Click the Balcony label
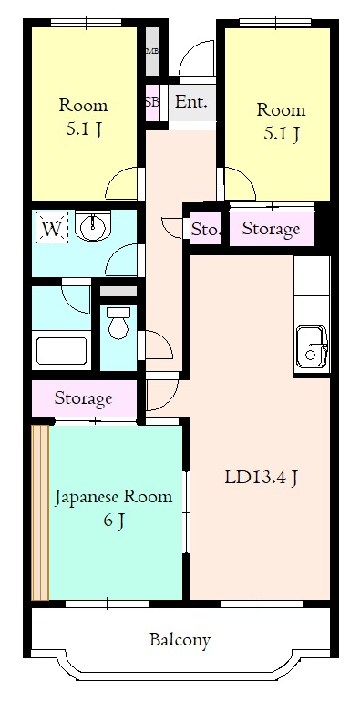(180, 640)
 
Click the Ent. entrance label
(190, 102)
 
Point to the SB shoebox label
(152, 102)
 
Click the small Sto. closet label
(205, 230)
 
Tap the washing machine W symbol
(53, 228)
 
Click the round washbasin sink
(93, 226)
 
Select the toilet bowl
(118, 325)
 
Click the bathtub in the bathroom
(61, 350)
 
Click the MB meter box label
(151, 50)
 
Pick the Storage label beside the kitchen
(271, 229)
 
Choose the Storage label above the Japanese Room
(83, 398)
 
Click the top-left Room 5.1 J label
(84, 117)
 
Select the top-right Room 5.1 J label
(280, 122)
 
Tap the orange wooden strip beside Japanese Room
(39, 511)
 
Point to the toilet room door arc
(157, 346)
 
